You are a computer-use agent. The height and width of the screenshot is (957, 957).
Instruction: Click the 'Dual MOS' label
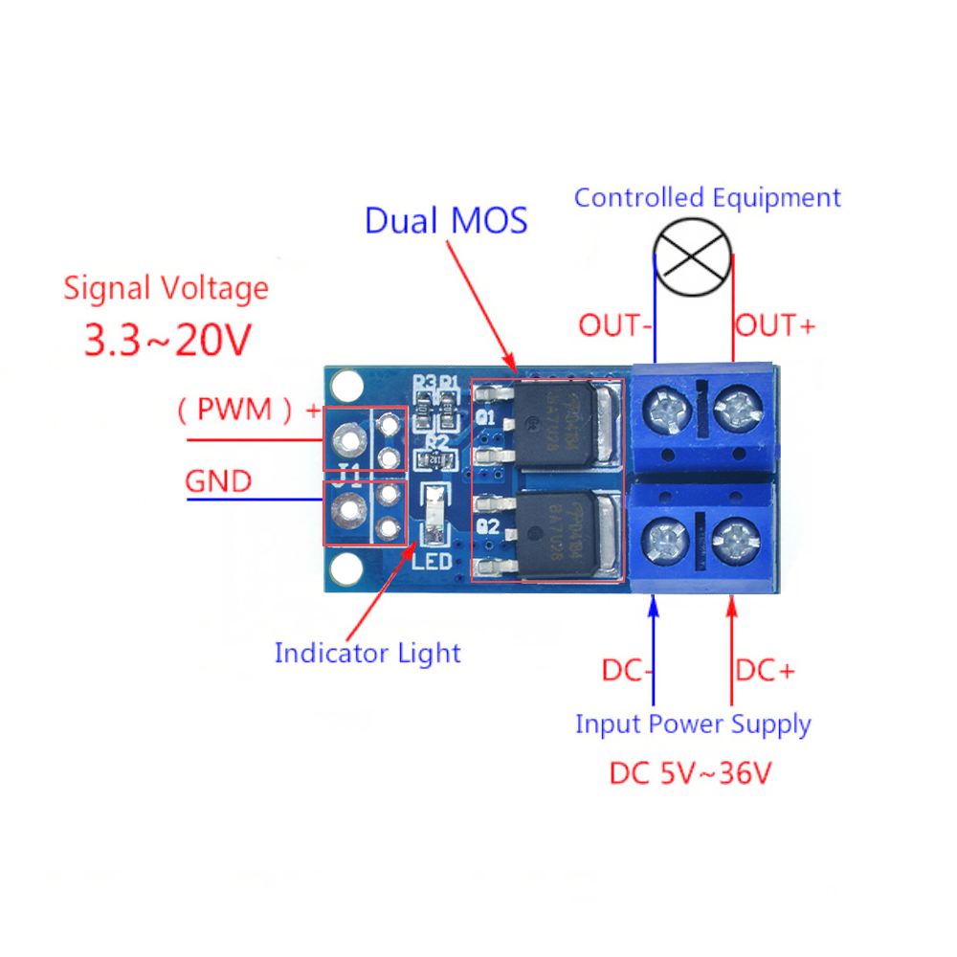tap(446, 220)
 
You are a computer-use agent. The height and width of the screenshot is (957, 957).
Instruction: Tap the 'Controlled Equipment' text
tap(707, 198)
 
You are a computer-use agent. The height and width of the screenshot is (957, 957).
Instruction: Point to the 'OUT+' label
tap(775, 325)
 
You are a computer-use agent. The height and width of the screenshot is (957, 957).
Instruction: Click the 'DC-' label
tap(628, 671)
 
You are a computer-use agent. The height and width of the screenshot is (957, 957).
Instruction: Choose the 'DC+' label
tap(765, 671)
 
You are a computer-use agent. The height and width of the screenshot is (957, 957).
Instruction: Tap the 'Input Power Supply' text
tap(693, 723)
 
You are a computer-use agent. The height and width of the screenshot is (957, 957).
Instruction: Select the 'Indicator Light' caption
tap(367, 654)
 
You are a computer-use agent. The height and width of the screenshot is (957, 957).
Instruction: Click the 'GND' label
tap(218, 480)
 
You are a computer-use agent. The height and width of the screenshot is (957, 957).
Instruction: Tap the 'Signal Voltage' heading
tap(166, 287)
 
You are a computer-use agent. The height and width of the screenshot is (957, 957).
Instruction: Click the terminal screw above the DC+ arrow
tap(737, 543)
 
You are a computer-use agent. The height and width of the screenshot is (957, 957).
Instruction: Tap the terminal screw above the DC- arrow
tap(663, 543)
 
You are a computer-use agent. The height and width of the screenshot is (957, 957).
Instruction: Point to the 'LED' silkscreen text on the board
tap(431, 559)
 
